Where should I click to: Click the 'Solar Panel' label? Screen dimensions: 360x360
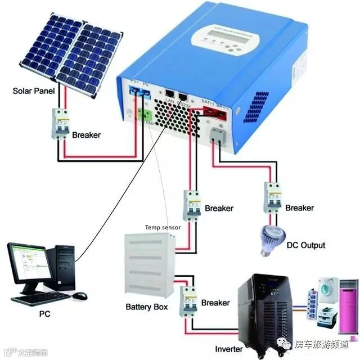point(34,91)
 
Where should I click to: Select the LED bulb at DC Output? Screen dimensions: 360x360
point(269,239)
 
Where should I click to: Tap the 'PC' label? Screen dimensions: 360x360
point(44,313)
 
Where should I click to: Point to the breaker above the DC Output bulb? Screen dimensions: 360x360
point(272,197)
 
